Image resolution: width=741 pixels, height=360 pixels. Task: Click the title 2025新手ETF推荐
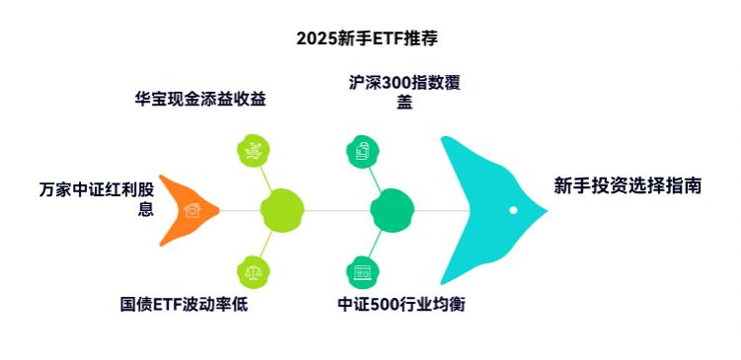pyautogui.click(x=366, y=38)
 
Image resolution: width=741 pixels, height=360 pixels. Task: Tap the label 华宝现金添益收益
pyautogui.click(x=200, y=99)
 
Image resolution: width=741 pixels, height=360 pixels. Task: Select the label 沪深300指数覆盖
pyautogui.click(x=405, y=92)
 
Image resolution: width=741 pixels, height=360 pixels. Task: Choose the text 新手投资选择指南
pyautogui.click(x=628, y=185)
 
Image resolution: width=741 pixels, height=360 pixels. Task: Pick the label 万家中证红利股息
pyautogui.click(x=97, y=198)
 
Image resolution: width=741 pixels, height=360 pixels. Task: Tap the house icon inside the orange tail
pyautogui.click(x=192, y=210)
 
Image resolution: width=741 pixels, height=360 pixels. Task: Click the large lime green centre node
pyautogui.click(x=280, y=210)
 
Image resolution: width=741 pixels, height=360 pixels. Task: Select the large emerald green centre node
pyautogui.click(x=391, y=210)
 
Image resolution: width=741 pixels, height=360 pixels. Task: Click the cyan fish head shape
pyautogui.click(x=483, y=209)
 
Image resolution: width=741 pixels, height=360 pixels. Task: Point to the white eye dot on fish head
pyautogui.click(x=513, y=210)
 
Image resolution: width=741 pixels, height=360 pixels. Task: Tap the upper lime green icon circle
pyautogui.click(x=254, y=150)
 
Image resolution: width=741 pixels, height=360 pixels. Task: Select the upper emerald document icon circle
pyautogui.click(x=362, y=150)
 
